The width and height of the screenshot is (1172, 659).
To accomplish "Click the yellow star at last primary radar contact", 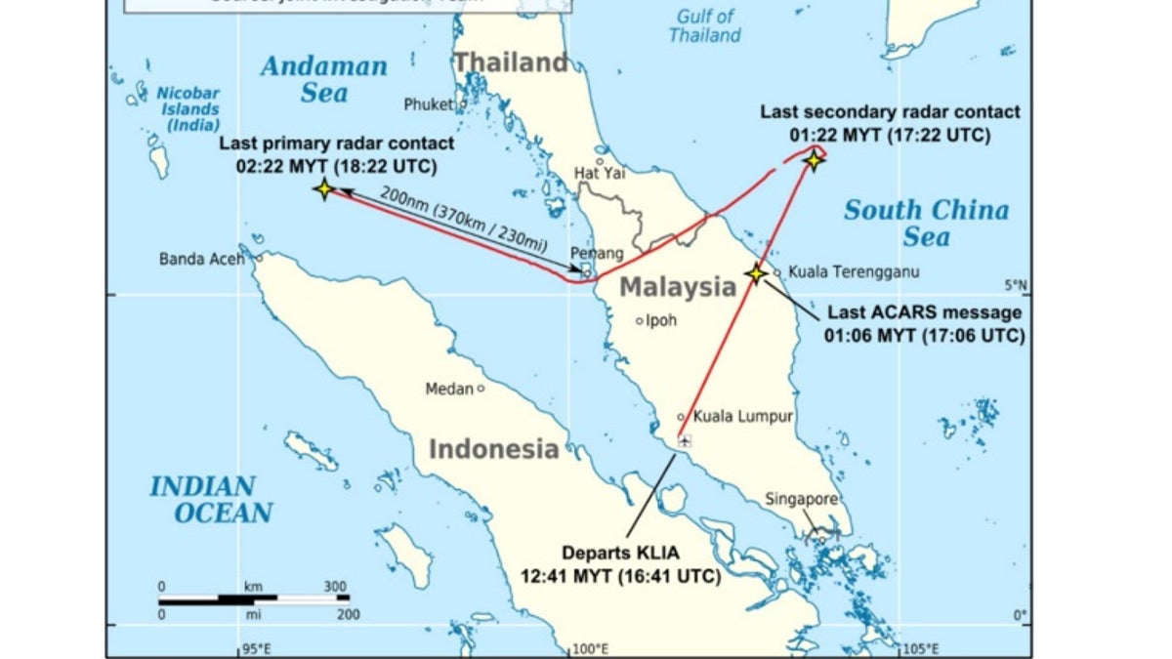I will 323,189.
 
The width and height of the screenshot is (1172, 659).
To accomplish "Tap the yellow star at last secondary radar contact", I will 814,159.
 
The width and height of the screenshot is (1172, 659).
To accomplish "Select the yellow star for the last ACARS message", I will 756,274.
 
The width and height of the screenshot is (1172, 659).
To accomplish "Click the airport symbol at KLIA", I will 685,441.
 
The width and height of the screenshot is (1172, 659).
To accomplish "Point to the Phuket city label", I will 430,104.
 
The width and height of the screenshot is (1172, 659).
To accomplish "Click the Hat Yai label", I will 599,173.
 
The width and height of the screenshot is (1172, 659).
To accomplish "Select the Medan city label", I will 449,389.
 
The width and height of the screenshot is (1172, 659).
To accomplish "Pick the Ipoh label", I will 661,319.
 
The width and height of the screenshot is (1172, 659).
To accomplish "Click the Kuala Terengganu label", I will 841,271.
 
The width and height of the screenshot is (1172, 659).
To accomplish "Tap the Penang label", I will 598,254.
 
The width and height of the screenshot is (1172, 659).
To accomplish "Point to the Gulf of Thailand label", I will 704,26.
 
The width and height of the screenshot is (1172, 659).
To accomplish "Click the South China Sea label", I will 926,223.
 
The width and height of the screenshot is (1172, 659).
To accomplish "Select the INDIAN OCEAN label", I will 210,499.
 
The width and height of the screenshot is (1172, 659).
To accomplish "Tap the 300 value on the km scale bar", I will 335,587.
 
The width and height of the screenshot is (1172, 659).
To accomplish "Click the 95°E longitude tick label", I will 256,647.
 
